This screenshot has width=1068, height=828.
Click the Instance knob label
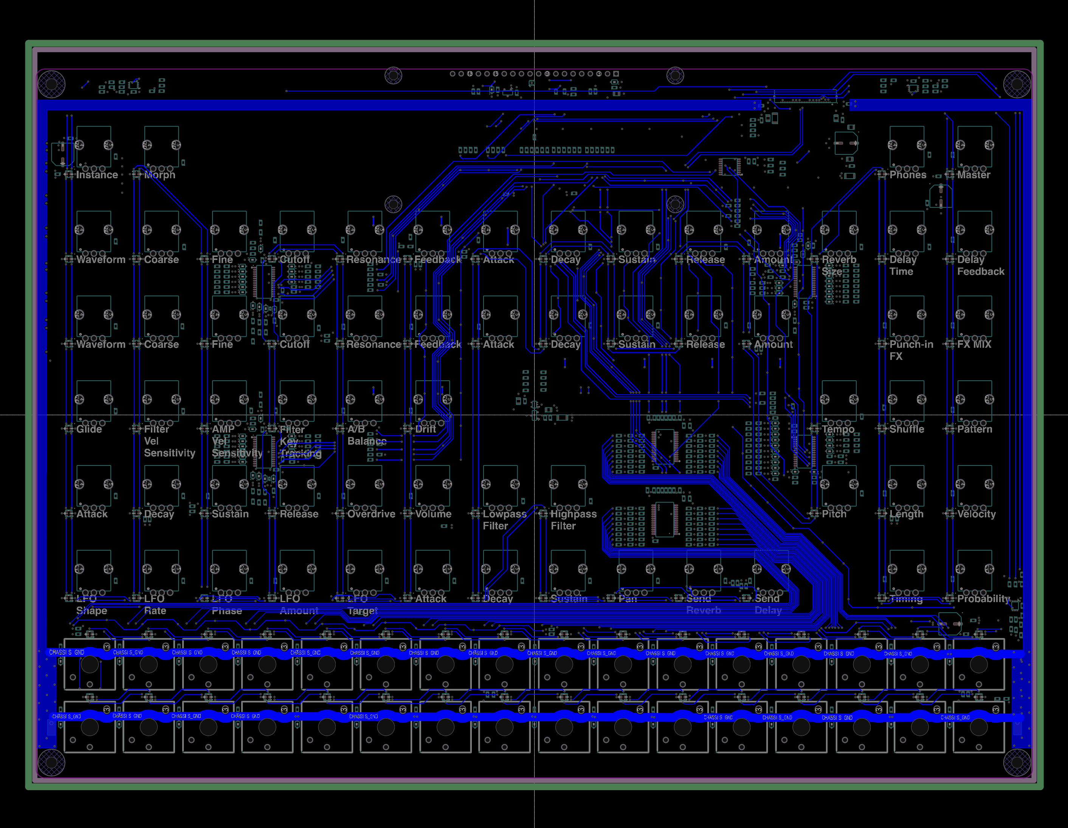pos(97,175)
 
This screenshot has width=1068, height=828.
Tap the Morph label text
pos(160,175)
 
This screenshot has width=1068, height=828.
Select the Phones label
pos(908,175)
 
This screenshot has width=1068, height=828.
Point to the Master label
pos(973,175)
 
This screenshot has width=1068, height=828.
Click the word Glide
pos(89,429)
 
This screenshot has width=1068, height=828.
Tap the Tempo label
pos(838,429)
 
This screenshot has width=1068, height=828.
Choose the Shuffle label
pos(907,429)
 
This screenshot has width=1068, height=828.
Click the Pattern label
pos(975,429)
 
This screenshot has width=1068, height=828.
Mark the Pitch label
pos(834,514)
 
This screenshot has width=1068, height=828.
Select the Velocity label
pos(976,514)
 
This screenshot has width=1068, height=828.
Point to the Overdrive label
pos(371,514)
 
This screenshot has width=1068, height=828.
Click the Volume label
pos(433,514)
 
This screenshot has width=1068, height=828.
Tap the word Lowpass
pos(505,514)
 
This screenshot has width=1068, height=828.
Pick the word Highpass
pos(574,514)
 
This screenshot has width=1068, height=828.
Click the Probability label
pos(983,599)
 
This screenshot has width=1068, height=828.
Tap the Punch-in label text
pos(911,344)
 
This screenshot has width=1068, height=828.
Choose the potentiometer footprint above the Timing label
pos(907,571)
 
